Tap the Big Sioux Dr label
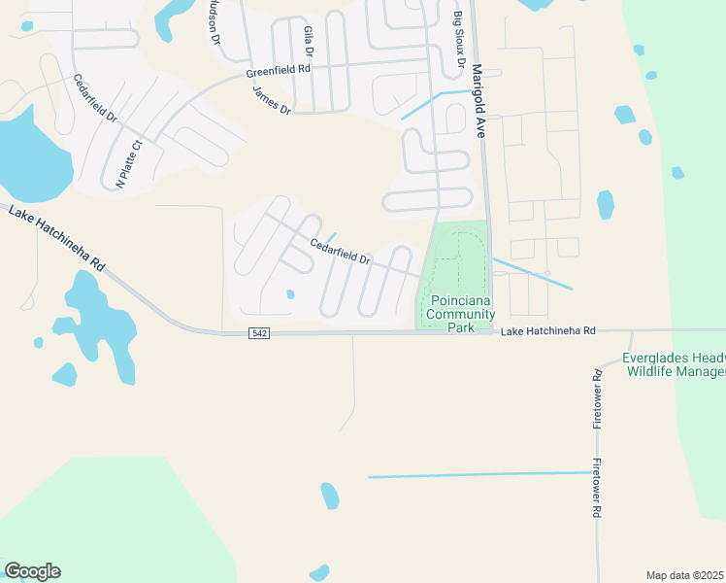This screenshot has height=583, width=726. [x=459, y=39]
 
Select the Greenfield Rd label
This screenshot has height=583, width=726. [x=278, y=72]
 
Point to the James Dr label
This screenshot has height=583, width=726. [x=272, y=101]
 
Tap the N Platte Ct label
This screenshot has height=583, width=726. [x=129, y=163]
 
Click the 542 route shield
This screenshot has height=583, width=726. [x=258, y=333]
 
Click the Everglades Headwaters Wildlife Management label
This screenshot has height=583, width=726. [x=676, y=364]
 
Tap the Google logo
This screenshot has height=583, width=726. [x=32, y=571]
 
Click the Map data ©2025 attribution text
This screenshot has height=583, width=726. [x=683, y=574]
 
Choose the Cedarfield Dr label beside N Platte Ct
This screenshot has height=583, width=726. [x=95, y=99]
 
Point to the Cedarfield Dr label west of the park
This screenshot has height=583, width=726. [x=341, y=252]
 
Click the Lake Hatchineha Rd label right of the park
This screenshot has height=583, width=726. [x=547, y=332]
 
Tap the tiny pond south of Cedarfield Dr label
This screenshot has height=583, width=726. [x=290, y=294]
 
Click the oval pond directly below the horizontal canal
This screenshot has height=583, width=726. [x=330, y=496]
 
